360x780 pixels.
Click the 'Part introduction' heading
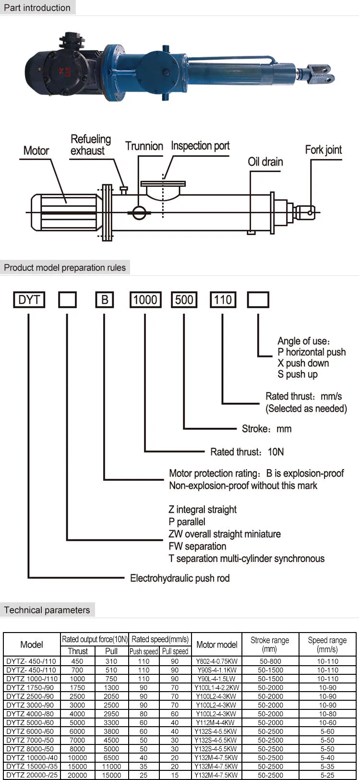coord(37,8)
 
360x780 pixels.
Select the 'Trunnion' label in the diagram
coord(144,146)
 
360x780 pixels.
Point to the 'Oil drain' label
coord(265,161)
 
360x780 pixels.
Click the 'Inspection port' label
coord(200,146)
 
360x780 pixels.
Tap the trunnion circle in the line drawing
coord(139,212)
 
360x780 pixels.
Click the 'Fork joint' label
coord(324,150)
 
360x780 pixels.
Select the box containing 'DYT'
coord(29,300)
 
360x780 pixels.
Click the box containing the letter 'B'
coord(104,300)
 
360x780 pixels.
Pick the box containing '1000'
coord(145,300)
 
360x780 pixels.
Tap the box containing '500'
coord(184,300)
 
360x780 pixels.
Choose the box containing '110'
coord(222,300)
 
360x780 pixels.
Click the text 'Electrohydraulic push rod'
coord(180,578)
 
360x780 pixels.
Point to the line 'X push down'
coord(303,363)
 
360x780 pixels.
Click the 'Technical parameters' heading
coord(47,610)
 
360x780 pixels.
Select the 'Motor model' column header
coord(216,645)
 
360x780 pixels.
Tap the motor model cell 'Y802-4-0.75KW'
coord(216,661)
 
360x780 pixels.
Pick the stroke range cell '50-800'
coord(270,661)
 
